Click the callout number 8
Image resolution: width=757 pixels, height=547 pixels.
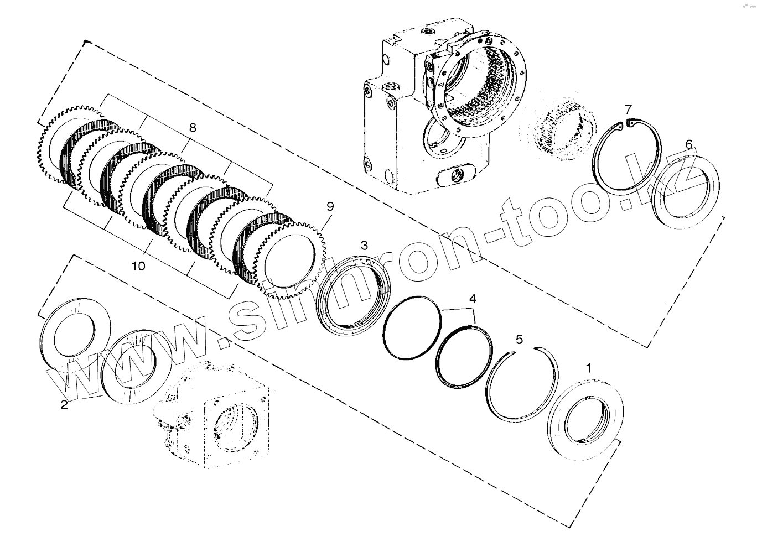[193, 128]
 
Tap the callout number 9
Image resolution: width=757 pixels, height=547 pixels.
[330, 206]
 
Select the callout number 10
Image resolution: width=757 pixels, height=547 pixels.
[138, 267]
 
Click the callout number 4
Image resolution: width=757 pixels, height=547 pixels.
[472, 299]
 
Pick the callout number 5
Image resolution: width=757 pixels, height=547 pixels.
[519, 340]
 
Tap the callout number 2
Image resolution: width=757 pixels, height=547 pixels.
[64, 405]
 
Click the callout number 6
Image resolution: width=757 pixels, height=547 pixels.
[688, 144]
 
